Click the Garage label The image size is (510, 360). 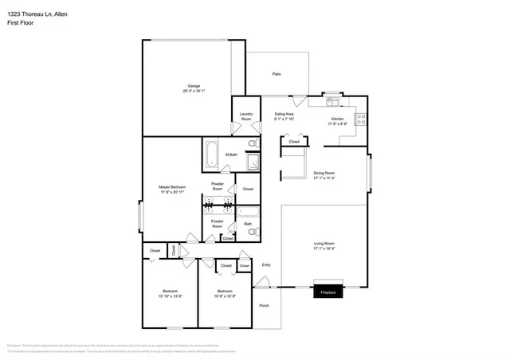[x=194, y=86]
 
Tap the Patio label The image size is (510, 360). [x=277, y=73]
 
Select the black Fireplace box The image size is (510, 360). [x=328, y=291]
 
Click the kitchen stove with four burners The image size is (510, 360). [x=361, y=120]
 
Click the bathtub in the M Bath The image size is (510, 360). [x=212, y=154]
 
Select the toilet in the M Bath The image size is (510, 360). [x=252, y=143]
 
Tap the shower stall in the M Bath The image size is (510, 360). [x=251, y=163]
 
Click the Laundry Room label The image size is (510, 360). [x=246, y=116]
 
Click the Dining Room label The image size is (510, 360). [x=324, y=173]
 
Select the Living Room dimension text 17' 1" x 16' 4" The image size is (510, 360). [x=324, y=248]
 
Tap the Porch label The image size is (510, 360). [x=265, y=304]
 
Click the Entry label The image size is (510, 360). [x=266, y=265]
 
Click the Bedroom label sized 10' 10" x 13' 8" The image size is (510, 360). [x=170, y=292]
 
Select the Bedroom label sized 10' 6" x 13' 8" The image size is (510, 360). [x=226, y=292]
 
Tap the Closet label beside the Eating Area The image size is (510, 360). [x=293, y=141]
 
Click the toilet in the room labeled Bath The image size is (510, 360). [x=247, y=212]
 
